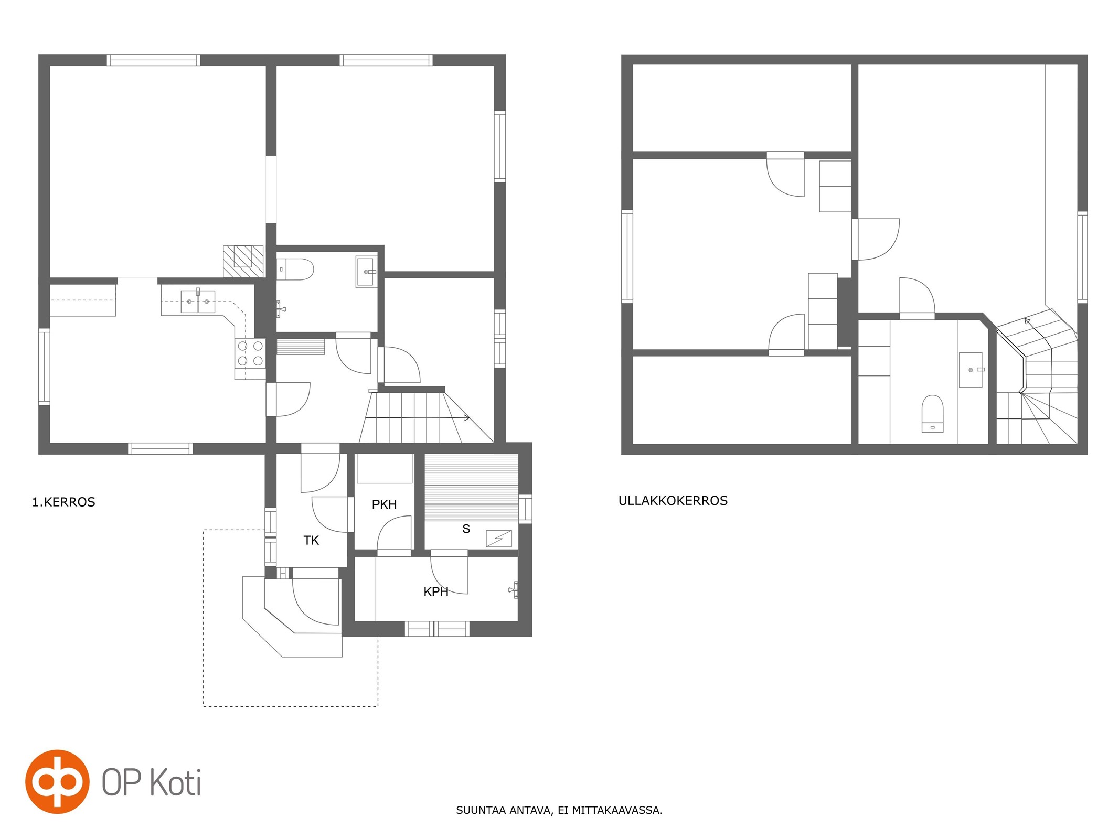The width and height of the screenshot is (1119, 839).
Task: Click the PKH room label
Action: (x=384, y=504)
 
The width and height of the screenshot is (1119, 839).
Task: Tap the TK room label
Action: (x=311, y=540)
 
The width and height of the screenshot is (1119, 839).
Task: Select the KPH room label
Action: (x=436, y=591)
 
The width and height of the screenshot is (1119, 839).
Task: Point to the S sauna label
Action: (x=466, y=529)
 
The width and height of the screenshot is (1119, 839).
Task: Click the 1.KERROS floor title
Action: (x=63, y=502)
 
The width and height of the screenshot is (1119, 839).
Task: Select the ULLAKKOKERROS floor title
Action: (x=673, y=500)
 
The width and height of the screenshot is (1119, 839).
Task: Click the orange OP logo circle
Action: (x=57, y=781)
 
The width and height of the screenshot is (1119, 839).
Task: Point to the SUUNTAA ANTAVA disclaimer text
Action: (x=559, y=810)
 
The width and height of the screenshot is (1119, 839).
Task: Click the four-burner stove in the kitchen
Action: (x=250, y=353)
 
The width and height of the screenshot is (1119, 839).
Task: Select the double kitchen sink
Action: (x=198, y=301)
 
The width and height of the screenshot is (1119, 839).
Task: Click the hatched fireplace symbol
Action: (x=243, y=261)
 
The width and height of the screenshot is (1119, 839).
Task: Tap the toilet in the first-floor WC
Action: (x=295, y=269)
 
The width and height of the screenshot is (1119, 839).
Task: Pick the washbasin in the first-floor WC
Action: (x=366, y=272)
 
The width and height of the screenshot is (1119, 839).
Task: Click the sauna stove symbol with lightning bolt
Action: (x=499, y=539)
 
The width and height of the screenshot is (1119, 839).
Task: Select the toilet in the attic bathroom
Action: (x=932, y=414)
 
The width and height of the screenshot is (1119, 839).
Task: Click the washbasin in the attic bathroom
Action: (x=971, y=370)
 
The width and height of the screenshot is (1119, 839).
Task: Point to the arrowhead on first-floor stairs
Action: (x=466, y=418)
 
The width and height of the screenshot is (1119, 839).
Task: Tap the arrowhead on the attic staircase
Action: (x=1027, y=320)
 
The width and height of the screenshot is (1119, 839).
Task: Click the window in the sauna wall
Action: (x=525, y=508)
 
